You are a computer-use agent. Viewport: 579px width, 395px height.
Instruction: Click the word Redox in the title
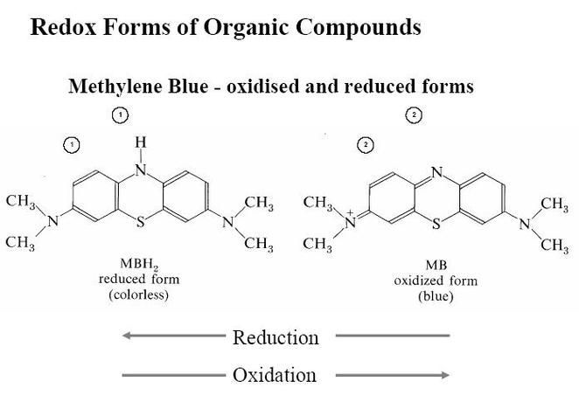point(63,27)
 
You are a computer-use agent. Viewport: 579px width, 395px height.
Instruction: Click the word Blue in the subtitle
point(187,87)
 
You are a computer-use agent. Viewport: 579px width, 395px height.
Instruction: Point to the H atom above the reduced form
point(141,142)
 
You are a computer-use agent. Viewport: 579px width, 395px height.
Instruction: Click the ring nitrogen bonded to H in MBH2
point(141,170)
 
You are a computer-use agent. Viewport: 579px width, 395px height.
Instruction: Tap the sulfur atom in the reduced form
point(141,222)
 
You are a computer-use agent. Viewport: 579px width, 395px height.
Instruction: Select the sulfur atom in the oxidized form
point(436,224)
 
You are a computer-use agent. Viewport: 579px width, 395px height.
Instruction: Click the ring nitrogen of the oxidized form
point(436,172)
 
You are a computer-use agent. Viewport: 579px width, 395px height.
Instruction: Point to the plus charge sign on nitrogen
point(350,213)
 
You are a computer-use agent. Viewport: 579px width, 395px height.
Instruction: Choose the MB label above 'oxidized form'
point(436,265)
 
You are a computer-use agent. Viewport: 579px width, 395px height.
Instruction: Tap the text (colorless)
point(139,295)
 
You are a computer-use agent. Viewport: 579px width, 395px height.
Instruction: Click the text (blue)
point(436,296)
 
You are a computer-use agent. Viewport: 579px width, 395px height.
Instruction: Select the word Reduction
point(276,338)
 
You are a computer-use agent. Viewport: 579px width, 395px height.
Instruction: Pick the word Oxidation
point(275,375)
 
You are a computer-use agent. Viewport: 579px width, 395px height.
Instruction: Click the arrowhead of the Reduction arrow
point(127,336)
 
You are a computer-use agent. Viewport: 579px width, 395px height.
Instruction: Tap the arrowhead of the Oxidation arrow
point(445,375)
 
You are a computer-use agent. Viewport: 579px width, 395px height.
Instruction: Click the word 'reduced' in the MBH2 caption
point(122,279)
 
